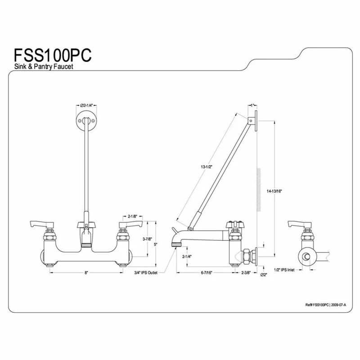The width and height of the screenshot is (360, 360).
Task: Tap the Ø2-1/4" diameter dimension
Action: (x=86, y=105)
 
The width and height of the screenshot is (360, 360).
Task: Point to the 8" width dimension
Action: (x=85, y=273)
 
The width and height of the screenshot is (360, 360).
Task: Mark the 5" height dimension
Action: (x=155, y=245)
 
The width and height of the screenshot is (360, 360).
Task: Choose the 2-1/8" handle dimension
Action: (x=132, y=216)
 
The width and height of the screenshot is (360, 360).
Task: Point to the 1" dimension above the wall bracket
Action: (x=254, y=105)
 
